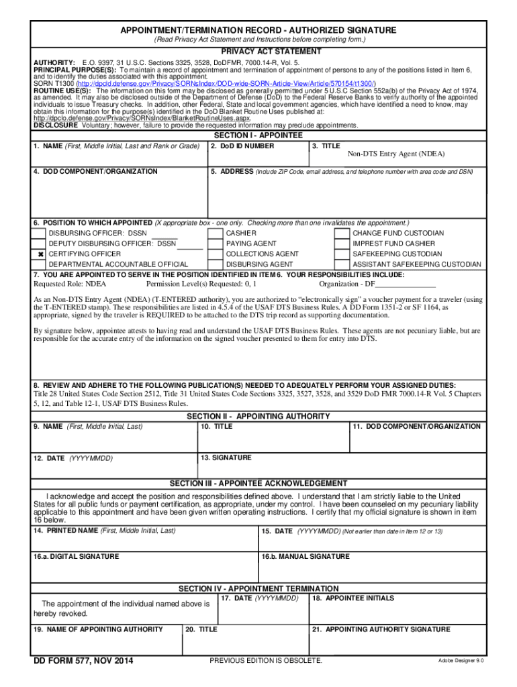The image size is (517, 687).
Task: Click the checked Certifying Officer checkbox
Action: point(40,254)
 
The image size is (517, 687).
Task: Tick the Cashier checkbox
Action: point(216,233)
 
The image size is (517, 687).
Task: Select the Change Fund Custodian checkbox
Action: point(342,233)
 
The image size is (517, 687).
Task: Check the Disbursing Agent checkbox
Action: point(216,264)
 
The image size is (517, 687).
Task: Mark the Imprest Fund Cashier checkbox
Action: point(342,244)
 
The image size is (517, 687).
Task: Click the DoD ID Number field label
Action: point(242,146)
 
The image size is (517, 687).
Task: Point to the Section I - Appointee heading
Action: point(258,136)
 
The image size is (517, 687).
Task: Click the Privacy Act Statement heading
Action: point(258,52)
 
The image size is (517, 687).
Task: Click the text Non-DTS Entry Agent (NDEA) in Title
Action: point(395,154)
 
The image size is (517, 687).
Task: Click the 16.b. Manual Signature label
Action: point(305,557)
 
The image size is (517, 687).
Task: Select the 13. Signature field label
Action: point(226,458)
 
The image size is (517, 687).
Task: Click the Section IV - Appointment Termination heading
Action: point(258,588)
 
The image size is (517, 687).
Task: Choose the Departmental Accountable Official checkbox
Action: point(40,264)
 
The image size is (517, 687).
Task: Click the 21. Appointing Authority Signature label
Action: point(381,630)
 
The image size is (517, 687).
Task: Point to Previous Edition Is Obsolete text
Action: point(266,662)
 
